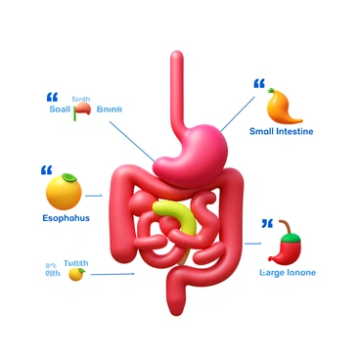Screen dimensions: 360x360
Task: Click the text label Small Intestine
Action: click(281, 131)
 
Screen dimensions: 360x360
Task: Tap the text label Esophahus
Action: click(66, 217)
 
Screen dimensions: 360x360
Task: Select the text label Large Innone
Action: click(288, 272)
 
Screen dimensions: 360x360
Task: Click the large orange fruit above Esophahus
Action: click(64, 190)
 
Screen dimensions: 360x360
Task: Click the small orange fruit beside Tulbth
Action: click(76, 274)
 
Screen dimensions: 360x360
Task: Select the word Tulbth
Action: click(75, 263)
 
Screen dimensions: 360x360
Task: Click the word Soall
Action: click(60, 110)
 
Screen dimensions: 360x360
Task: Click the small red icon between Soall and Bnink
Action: click(84, 111)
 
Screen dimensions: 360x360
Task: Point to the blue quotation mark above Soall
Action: click(53, 96)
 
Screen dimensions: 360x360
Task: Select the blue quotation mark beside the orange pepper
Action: click(259, 85)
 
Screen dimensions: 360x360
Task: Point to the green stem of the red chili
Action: click(285, 227)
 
